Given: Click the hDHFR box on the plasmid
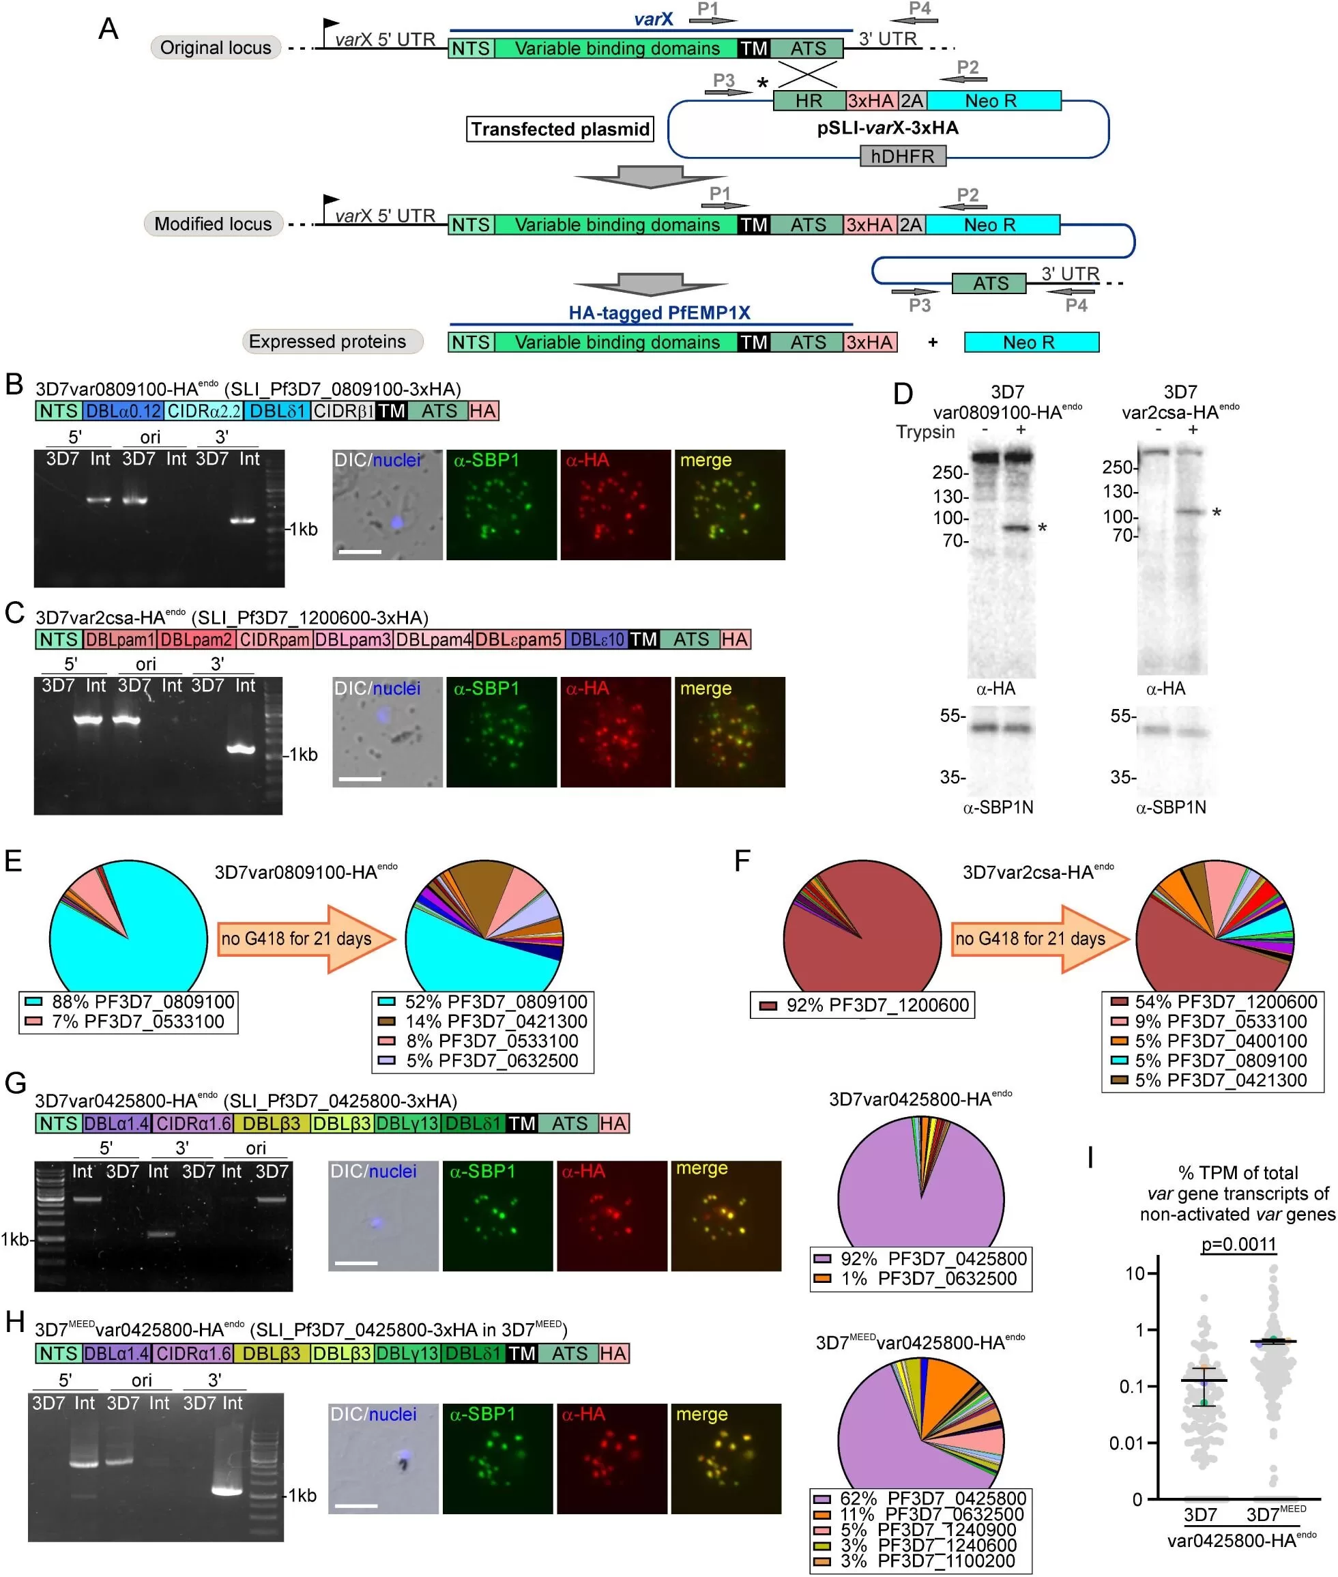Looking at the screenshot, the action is (x=903, y=156).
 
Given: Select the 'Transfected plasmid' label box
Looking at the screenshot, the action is (x=561, y=129).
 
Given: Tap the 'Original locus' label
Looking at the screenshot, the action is (x=216, y=48).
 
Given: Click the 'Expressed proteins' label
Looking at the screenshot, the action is (x=327, y=341).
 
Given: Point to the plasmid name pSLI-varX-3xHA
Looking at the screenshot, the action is (x=888, y=128).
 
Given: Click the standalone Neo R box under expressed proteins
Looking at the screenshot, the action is (x=1031, y=342).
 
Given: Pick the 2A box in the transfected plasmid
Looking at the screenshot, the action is (x=912, y=100).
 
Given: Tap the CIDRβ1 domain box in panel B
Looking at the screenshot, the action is (x=344, y=411).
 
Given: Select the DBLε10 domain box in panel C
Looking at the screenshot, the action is (x=596, y=639).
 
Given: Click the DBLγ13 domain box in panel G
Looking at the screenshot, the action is (x=407, y=1123).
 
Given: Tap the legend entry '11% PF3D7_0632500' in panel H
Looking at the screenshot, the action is (x=919, y=1514).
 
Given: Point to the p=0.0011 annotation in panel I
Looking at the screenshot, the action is (x=1238, y=1245).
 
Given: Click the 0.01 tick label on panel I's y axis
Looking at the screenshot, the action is (x=1126, y=1443).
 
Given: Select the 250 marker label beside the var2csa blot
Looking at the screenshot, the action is (x=1118, y=467).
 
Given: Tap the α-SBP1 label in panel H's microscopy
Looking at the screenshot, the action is (x=484, y=1415).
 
